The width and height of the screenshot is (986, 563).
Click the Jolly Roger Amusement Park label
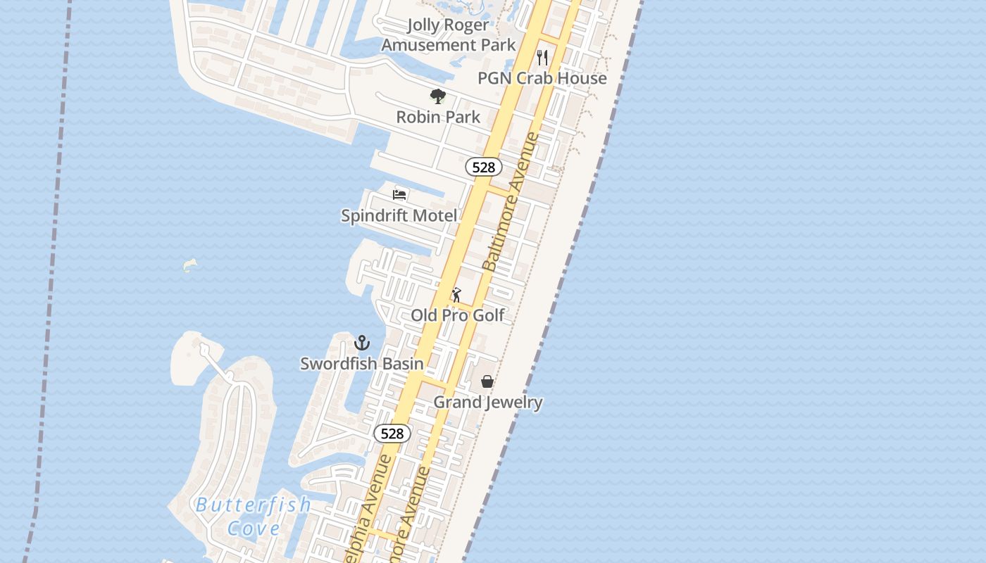(x=449, y=34)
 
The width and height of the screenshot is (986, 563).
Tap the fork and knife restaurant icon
(x=542, y=57)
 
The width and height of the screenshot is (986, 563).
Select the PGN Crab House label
(x=542, y=78)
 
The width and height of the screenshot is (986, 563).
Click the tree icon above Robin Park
(x=438, y=96)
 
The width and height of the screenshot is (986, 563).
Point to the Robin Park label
(x=438, y=117)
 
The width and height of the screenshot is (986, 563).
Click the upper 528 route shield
(x=484, y=167)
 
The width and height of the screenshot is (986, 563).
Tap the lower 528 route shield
(x=392, y=434)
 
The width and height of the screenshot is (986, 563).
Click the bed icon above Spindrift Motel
(x=399, y=195)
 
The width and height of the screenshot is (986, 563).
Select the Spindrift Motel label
(x=399, y=216)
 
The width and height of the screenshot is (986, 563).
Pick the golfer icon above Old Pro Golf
(x=456, y=295)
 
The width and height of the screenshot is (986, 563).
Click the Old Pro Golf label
(x=458, y=315)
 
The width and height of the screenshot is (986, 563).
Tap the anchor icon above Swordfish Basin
(x=361, y=343)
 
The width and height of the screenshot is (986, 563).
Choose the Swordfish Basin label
(x=362, y=364)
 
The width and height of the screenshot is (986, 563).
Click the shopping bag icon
(x=487, y=381)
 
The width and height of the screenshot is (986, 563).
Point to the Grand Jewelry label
(x=487, y=403)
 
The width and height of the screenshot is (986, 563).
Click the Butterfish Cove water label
(x=254, y=516)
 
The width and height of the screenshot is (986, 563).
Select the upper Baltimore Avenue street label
(x=511, y=202)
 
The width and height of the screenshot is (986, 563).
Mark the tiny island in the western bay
(x=189, y=265)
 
